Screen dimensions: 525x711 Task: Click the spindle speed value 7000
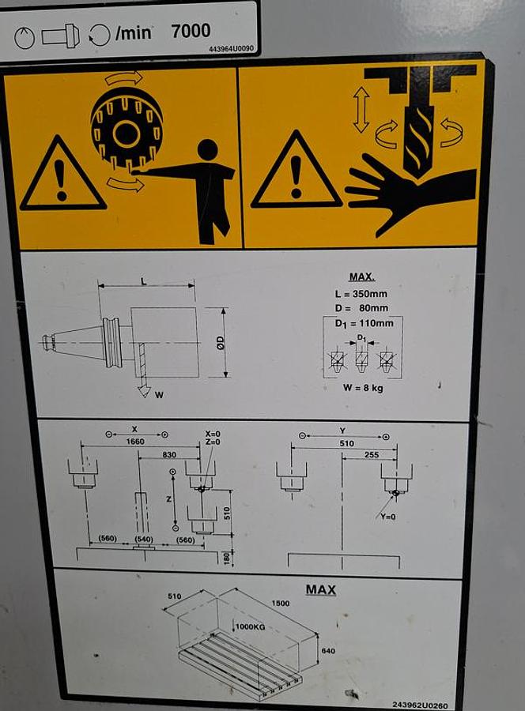[x=191, y=31]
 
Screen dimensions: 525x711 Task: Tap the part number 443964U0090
[x=232, y=49]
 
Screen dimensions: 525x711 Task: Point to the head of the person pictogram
[x=208, y=149]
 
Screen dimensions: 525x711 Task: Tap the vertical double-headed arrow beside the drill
[x=361, y=110]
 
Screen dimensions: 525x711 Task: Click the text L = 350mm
[x=361, y=294]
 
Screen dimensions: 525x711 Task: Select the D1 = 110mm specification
[x=364, y=323]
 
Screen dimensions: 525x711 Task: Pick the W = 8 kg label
[x=363, y=388]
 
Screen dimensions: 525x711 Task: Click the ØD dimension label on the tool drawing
[x=221, y=342]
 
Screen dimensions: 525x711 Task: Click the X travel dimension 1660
[x=135, y=442]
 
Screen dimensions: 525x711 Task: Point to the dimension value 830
[x=169, y=454]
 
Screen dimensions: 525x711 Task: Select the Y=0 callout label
[x=388, y=517]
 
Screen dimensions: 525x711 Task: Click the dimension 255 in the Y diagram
[x=371, y=454]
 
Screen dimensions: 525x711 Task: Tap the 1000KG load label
[x=251, y=626]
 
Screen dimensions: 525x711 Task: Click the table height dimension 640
[x=328, y=651]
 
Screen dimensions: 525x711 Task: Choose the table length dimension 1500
[x=281, y=603]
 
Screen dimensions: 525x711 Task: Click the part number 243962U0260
[x=420, y=705]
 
